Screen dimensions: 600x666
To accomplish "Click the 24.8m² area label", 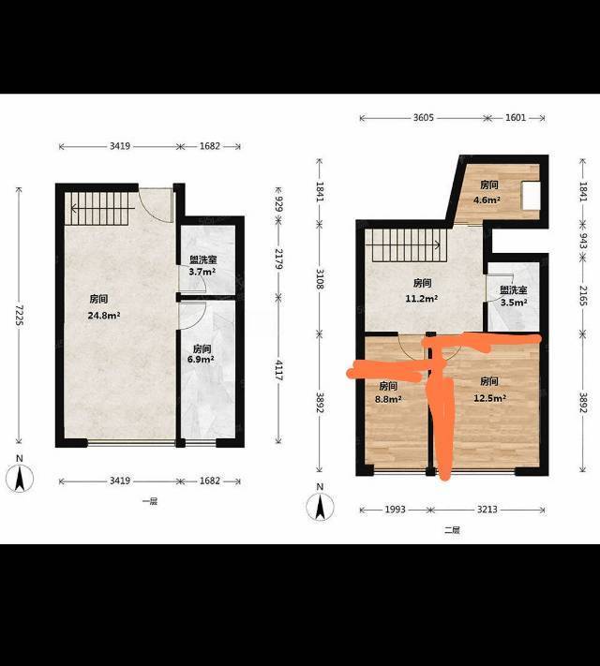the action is [104, 316].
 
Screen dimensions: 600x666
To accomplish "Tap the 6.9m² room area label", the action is [201, 360].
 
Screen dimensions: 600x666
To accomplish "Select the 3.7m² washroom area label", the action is [202, 272].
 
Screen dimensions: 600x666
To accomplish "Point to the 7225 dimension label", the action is [19, 315].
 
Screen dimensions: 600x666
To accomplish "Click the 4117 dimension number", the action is [279, 370].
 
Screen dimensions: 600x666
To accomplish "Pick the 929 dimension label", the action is [279, 203].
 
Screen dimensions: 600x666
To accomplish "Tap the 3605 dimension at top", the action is [423, 118].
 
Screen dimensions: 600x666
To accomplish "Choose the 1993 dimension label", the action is [395, 510].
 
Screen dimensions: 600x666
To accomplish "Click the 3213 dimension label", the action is [487, 510].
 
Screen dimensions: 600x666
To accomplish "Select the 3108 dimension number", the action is [320, 278].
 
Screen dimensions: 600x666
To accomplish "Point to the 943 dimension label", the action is [583, 241].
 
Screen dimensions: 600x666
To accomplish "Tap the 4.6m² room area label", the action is [487, 200].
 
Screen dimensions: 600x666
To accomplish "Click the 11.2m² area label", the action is [421, 298].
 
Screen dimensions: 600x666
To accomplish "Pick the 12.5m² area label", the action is [490, 398].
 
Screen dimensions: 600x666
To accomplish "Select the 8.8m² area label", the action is [388, 399].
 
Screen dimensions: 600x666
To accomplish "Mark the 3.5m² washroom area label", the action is [514, 303].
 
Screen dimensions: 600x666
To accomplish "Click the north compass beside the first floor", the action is [19, 478].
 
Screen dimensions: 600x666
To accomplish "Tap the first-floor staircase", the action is [97, 209].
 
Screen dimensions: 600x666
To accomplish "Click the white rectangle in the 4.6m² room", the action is [532, 196].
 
